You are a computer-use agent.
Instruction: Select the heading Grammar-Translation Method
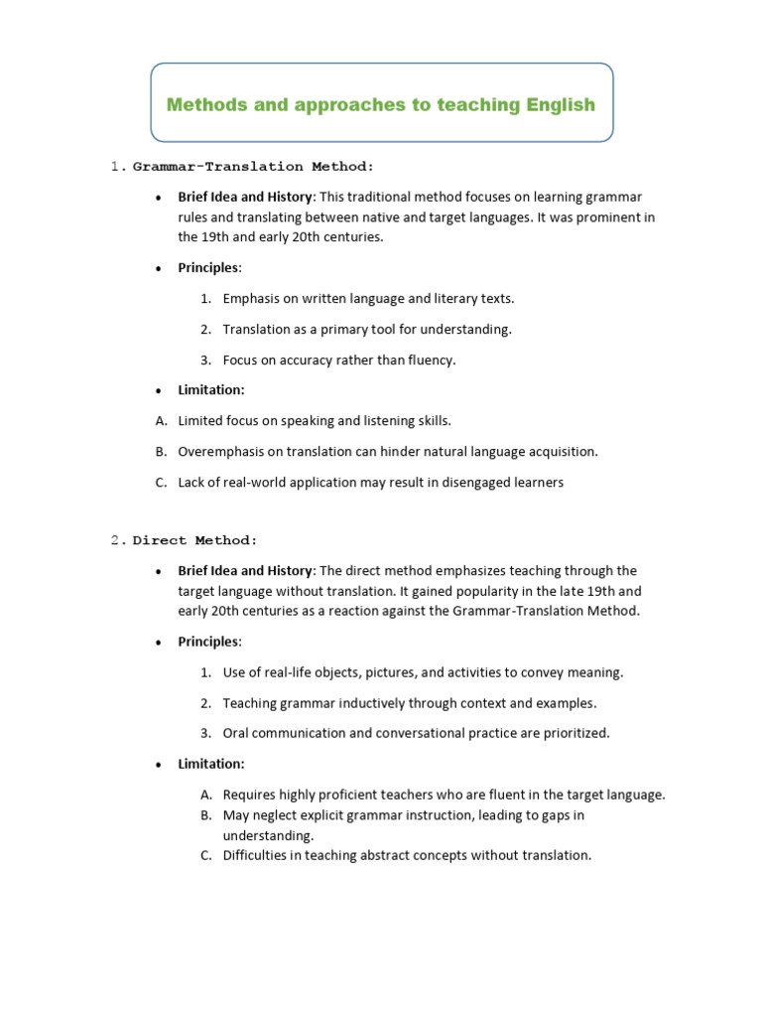pyautogui.click(x=254, y=166)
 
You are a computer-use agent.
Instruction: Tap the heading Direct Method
pyautogui.click(x=195, y=540)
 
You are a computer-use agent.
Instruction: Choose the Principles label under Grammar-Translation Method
pyautogui.click(x=208, y=268)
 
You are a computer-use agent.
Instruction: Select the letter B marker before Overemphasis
pyautogui.click(x=161, y=451)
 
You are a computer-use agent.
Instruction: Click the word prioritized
pyautogui.click(x=575, y=733)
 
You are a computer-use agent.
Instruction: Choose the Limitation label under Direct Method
pyautogui.click(x=210, y=764)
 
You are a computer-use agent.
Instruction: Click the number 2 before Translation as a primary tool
pyautogui.click(x=205, y=329)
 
